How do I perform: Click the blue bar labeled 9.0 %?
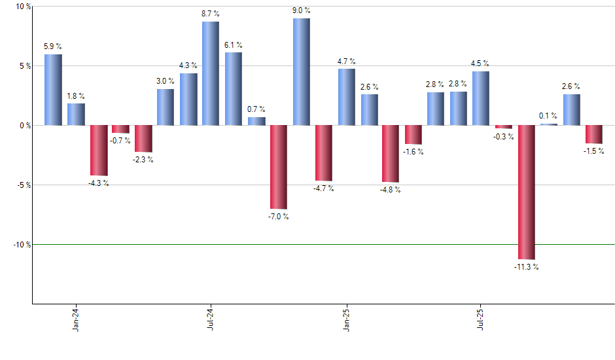tap(301, 71)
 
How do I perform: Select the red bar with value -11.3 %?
tap(526, 192)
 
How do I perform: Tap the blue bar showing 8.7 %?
tap(211, 73)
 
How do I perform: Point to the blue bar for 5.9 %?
tap(53, 90)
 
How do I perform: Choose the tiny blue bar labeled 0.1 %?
tap(549, 124)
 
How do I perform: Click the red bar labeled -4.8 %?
tap(391, 154)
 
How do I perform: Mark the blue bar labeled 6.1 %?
tap(234, 88)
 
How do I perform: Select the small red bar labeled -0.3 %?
tap(504, 127)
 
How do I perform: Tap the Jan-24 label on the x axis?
tap(76, 318)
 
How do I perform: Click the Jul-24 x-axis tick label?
tap(211, 318)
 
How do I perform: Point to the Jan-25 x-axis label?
tap(346, 318)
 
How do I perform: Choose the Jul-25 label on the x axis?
tap(481, 318)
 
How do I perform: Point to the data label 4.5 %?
tap(480, 63)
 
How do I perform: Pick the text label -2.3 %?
tap(143, 160)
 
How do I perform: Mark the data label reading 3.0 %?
tap(166, 81)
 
